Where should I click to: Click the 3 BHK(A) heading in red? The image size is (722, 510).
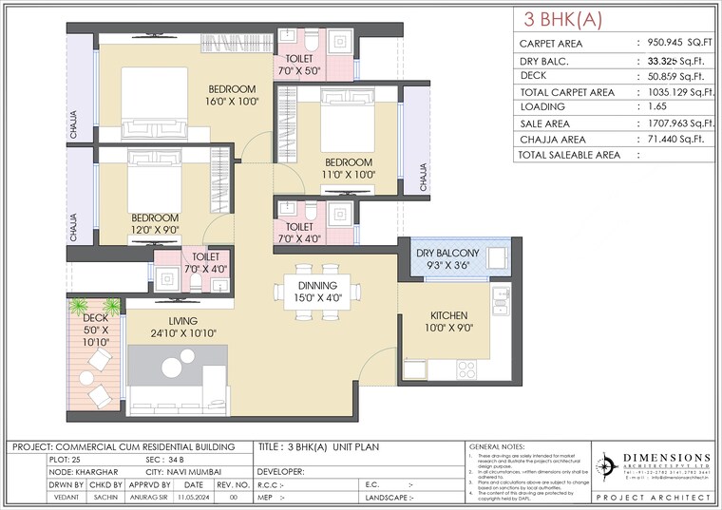563,20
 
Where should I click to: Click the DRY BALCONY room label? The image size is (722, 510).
447,253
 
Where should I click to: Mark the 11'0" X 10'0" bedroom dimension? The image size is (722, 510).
349,174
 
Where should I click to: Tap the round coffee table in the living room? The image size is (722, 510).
174,367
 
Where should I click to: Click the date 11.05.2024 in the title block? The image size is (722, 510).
194,497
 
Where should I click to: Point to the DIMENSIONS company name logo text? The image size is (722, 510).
666,458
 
